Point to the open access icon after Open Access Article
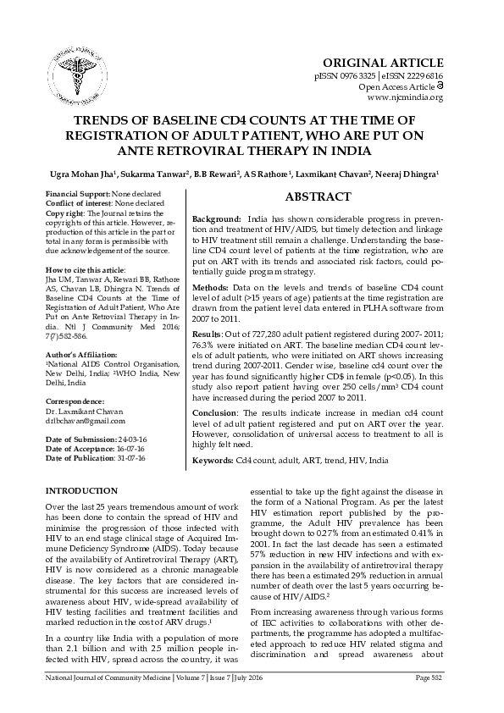pyautogui.click(x=440, y=86)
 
